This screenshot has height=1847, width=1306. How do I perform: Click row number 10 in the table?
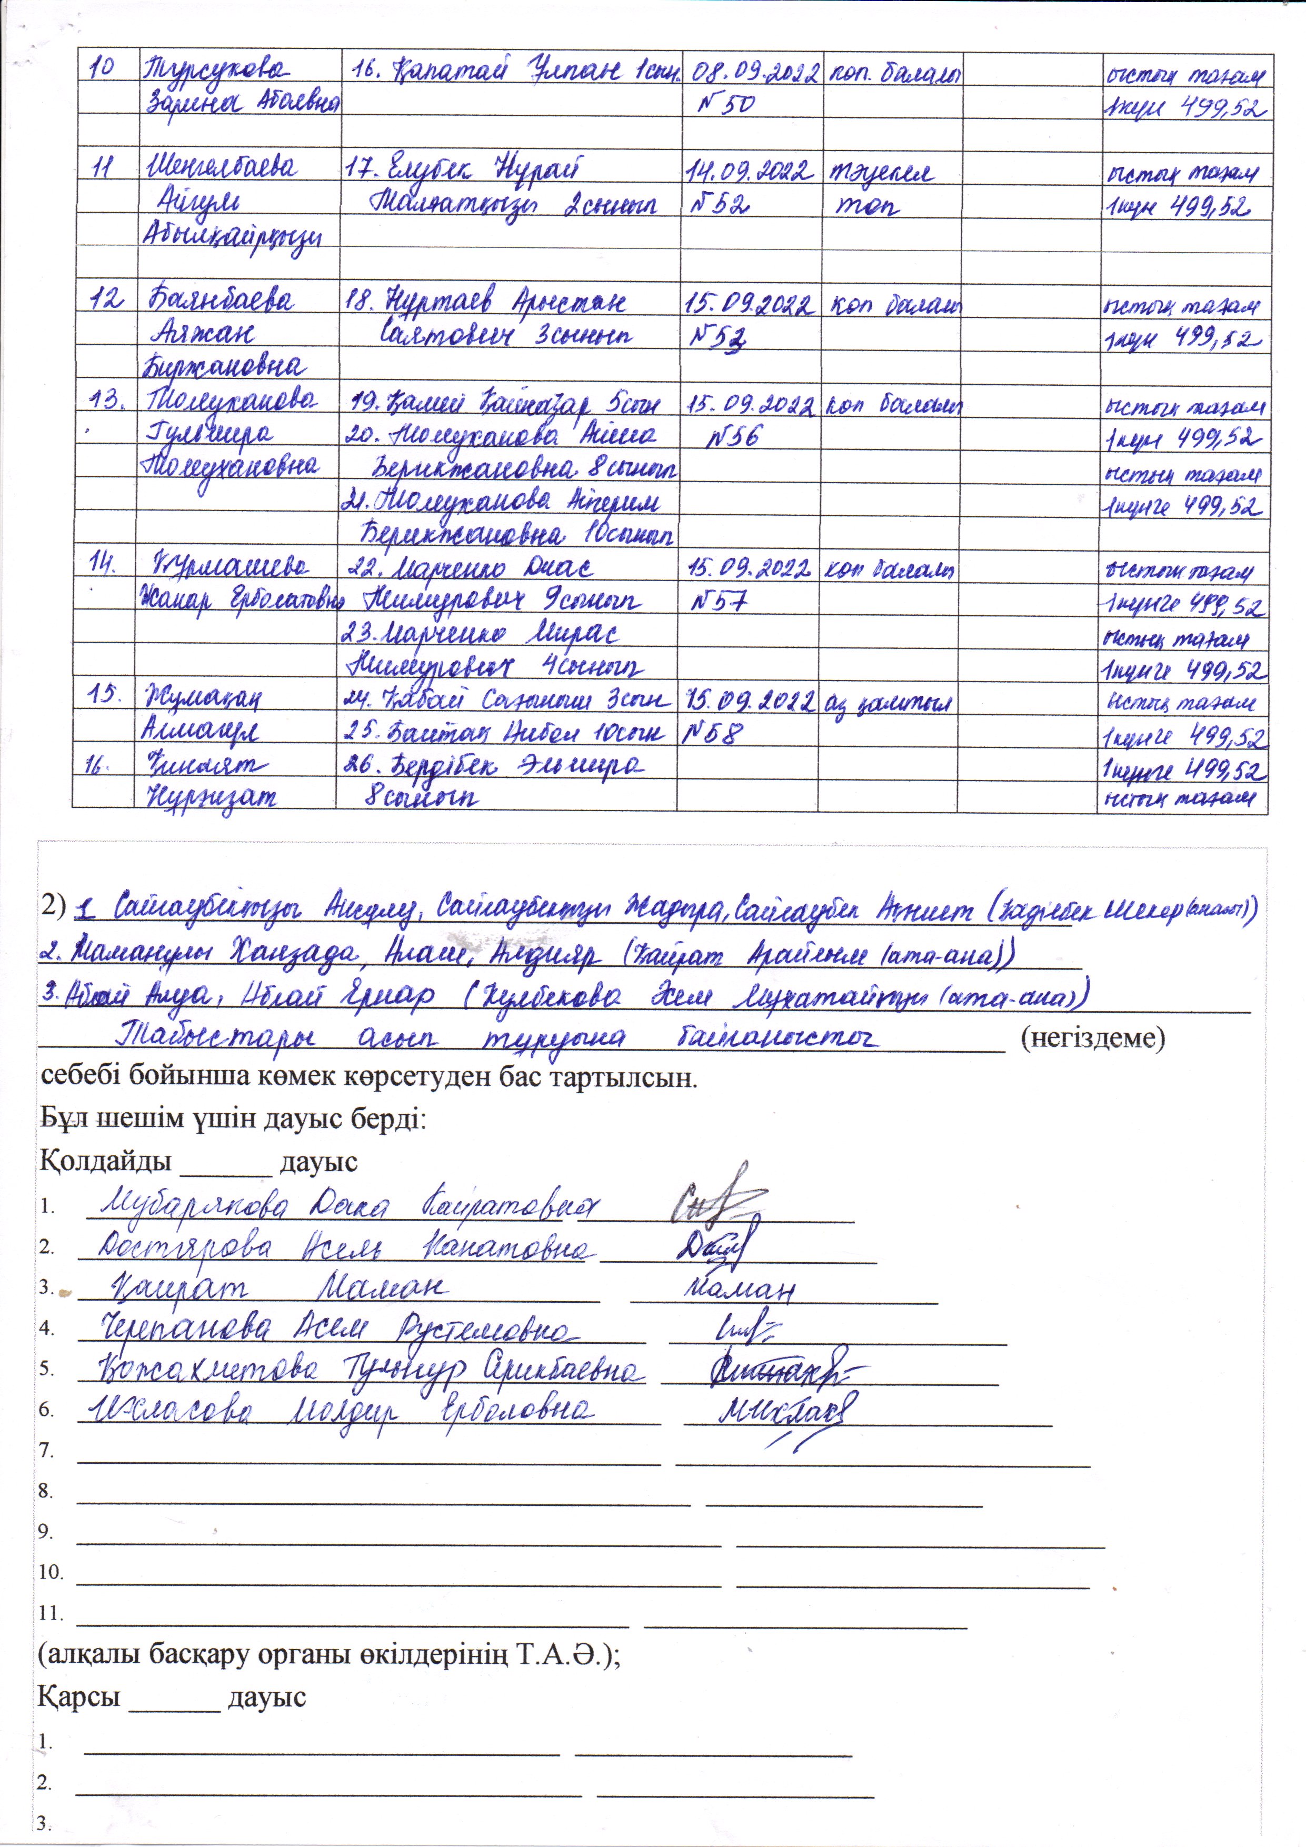point(101,68)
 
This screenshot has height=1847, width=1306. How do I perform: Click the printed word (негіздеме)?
point(1092,1039)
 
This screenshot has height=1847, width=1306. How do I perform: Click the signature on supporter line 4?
point(744,1330)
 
